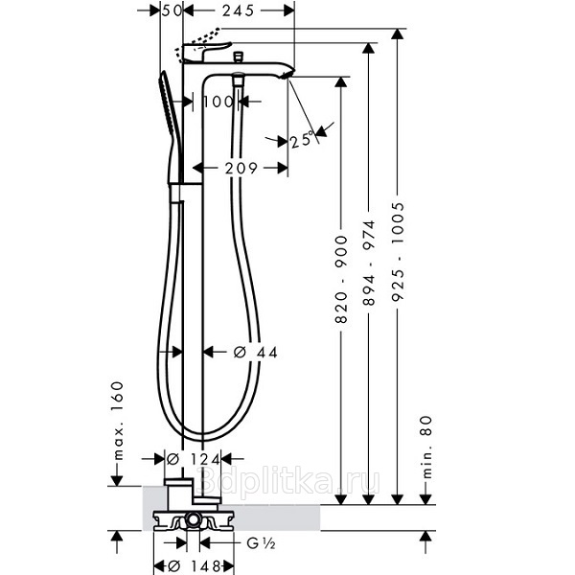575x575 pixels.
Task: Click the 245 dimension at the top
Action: tap(238, 11)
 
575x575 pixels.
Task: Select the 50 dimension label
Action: tap(172, 11)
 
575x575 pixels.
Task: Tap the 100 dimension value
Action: tap(218, 102)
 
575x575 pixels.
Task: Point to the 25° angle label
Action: tap(303, 140)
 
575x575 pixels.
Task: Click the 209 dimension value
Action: tap(241, 169)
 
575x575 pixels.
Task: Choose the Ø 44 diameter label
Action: tap(256, 353)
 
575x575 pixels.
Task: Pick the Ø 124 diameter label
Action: tap(194, 459)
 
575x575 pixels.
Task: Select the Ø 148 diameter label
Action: tap(194, 565)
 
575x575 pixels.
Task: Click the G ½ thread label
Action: tap(261, 543)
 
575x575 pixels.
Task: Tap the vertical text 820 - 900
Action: tap(341, 280)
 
